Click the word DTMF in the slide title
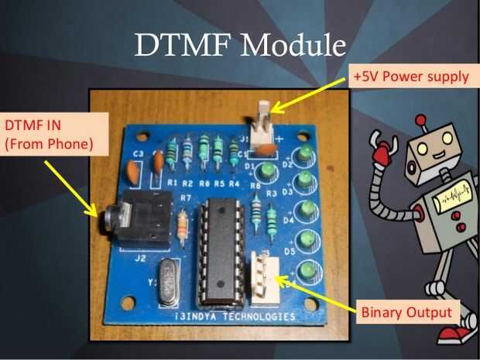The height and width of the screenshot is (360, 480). tap(183, 45)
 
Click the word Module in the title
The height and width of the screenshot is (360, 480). tap(293, 45)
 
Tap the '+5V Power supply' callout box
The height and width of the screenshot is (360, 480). tap(410, 76)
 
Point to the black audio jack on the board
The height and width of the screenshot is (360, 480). tap(139, 218)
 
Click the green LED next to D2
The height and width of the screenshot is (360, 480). tap(308, 152)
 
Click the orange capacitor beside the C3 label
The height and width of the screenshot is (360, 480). tap(158, 162)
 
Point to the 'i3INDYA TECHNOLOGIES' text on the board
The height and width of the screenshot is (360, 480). tap(233, 317)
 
